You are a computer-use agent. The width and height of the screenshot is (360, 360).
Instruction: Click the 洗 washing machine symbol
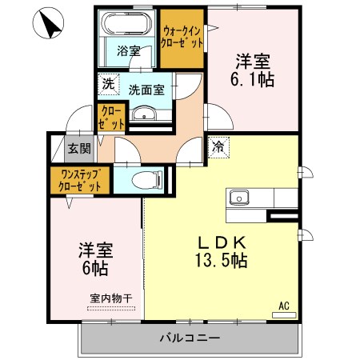click(107, 82)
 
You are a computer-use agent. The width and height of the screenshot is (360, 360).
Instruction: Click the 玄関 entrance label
click(78, 149)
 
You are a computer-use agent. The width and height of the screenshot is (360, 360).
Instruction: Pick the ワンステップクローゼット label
click(79, 179)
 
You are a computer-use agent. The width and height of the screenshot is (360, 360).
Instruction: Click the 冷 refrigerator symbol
click(218, 146)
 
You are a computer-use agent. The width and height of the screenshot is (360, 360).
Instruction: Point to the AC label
click(284, 306)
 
